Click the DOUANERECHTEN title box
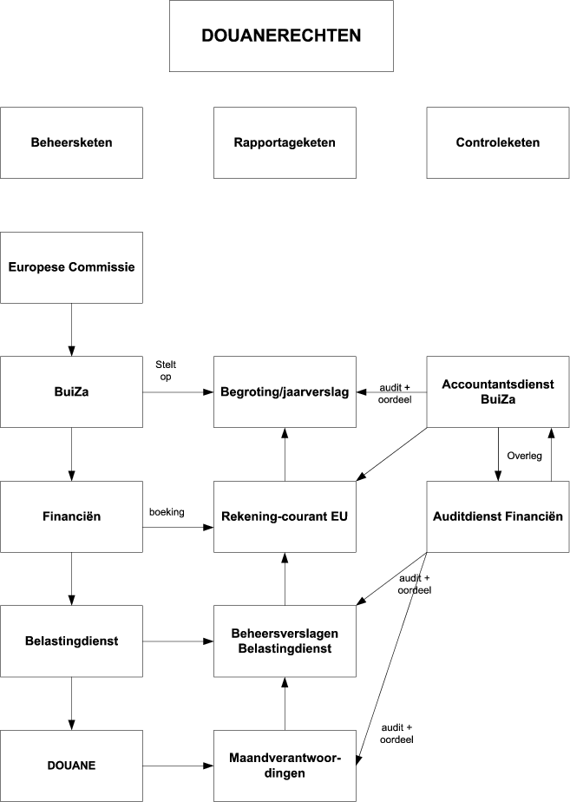pos(281,36)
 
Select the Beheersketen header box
pos(71,142)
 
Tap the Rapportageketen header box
pos(285,142)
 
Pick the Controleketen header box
pos(497,142)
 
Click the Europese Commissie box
pos(71,267)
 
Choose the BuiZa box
pos(71,391)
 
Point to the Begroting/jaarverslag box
pos(285,391)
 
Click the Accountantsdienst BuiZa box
pos(497,391)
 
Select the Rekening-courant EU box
pos(285,516)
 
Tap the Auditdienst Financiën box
pos(497,516)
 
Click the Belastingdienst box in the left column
pos(71,641)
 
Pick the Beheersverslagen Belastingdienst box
pos(285,641)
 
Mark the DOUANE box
pos(71,766)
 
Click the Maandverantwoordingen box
pos(285,766)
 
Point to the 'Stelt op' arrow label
pos(165,371)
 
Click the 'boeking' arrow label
pos(167,512)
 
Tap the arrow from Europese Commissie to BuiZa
pos(71,329)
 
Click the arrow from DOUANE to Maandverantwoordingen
pos(178,766)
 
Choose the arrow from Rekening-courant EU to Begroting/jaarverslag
pos(285,454)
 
